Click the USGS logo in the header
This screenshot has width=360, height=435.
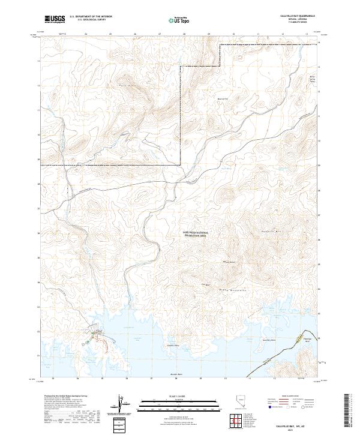(x=55, y=20)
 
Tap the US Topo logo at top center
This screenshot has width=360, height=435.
(x=180, y=20)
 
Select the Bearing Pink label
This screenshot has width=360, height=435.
(x=223, y=100)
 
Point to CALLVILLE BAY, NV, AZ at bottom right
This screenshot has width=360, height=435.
(x=290, y=424)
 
